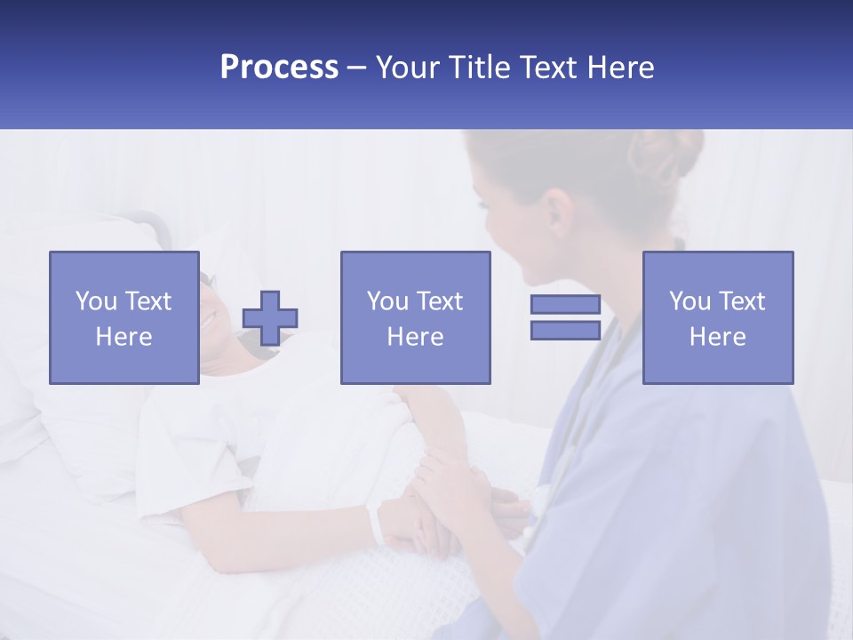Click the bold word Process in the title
[x=279, y=68]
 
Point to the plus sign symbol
[x=270, y=318]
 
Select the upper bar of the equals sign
[x=565, y=305]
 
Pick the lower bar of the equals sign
[x=565, y=330]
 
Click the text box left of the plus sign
[x=124, y=318]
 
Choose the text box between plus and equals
[x=415, y=318]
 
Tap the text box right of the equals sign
[x=718, y=318]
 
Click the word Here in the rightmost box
[x=718, y=337]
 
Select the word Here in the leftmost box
[x=124, y=337]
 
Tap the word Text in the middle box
[x=439, y=301]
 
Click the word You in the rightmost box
[x=690, y=301]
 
